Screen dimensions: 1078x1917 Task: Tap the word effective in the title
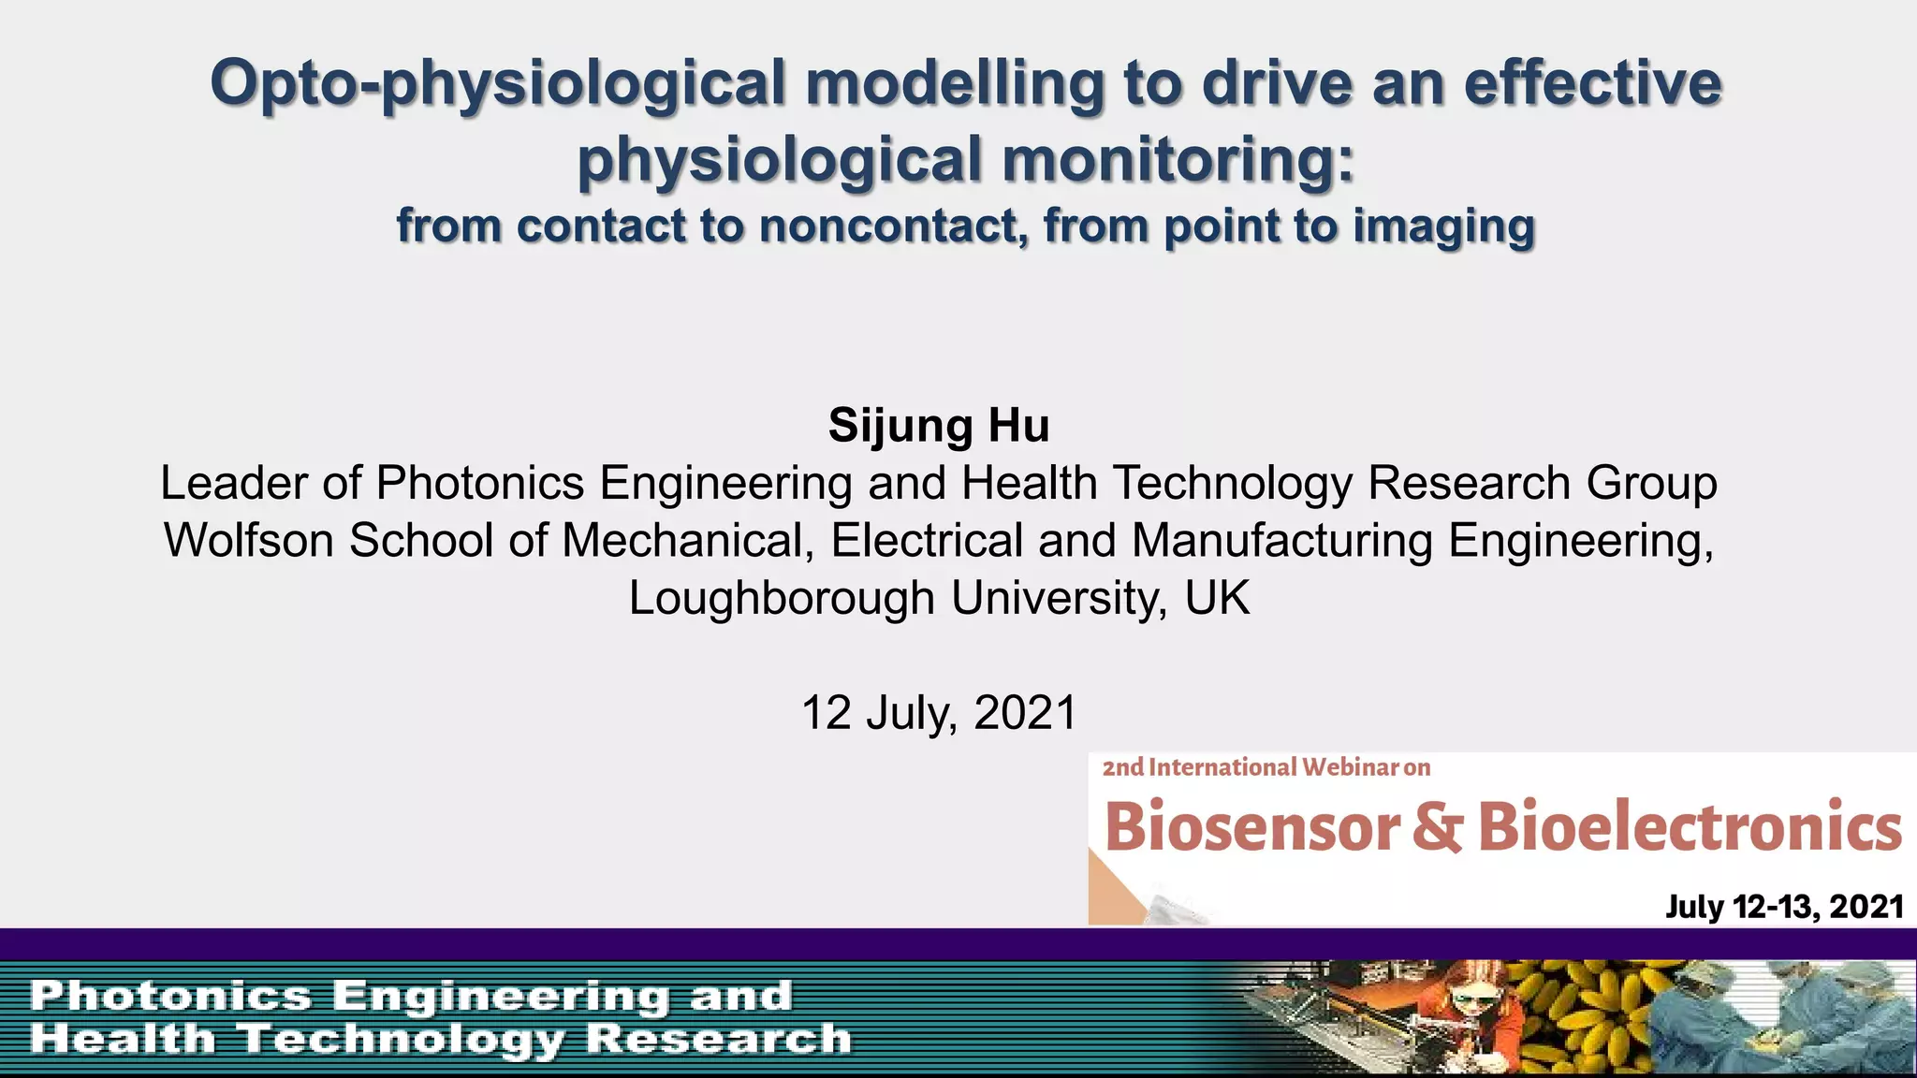pos(1592,82)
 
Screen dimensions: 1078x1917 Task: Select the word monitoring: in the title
pos(1178,159)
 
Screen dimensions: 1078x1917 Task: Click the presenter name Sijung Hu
pos(939,426)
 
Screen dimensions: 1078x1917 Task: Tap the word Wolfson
pos(249,541)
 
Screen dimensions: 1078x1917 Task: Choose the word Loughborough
pos(782,598)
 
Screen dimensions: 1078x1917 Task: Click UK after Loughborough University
pos(1217,598)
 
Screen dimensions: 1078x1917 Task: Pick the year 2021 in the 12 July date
pos(1026,713)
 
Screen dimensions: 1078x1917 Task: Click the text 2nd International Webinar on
pos(1266,767)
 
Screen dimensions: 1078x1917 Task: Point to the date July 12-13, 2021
pos(1784,907)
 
